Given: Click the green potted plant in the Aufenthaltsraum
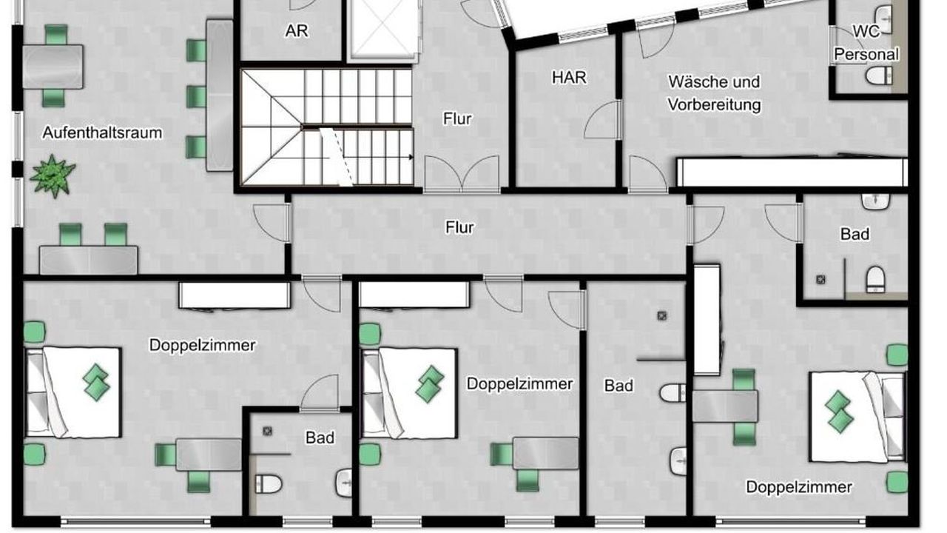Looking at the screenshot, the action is click(x=53, y=176).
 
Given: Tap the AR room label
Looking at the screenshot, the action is click(x=297, y=31).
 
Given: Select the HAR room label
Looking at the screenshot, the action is click(x=569, y=78).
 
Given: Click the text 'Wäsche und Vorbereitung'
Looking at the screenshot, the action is click(x=714, y=93).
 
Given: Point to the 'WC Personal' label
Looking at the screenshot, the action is click(x=866, y=43).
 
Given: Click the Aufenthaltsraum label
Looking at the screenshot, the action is click(x=102, y=133).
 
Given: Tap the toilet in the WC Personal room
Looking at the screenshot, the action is click(x=878, y=76).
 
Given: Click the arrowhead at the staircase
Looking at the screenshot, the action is click(x=411, y=158).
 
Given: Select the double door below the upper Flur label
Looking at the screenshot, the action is click(x=462, y=174).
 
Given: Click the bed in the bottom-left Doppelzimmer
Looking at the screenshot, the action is click(x=73, y=392).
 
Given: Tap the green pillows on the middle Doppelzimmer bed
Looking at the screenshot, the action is click(x=430, y=383).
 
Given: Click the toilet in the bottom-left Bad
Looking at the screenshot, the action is click(x=269, y=484).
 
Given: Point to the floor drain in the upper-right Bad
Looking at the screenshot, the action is click(x=820, y=279).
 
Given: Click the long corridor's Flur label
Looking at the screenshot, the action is click(x=459, y=227).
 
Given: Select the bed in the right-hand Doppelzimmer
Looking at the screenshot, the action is click(x=857, y=416).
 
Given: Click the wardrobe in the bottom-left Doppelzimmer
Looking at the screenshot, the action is click(x=235, y=295).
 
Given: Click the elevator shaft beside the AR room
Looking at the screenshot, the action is click(x=383, y=29).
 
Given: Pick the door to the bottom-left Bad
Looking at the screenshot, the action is click(x=320, y=393).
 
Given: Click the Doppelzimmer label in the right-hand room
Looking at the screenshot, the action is click(x=798, y=487).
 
